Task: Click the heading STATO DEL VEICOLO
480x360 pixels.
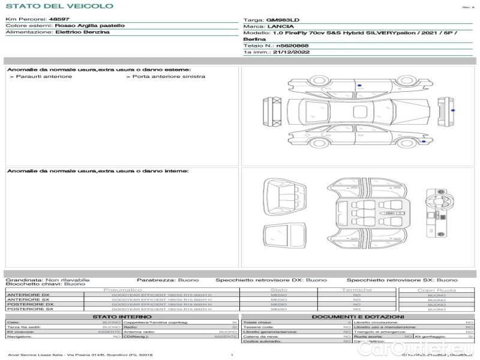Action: click(x=59, y=6)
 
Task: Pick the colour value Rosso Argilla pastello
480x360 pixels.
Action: click(x=90, y=26)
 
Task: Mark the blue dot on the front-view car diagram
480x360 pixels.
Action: click(x=452, y=110)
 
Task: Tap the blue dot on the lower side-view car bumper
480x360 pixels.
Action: click(x=424, y=142)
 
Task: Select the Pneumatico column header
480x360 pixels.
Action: click(x=123, y=290)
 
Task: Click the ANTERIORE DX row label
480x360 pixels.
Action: click(x=28, y=295)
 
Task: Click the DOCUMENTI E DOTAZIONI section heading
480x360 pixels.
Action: click(x=358, y=316)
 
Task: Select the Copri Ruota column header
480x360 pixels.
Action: click(x=436, y=290)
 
